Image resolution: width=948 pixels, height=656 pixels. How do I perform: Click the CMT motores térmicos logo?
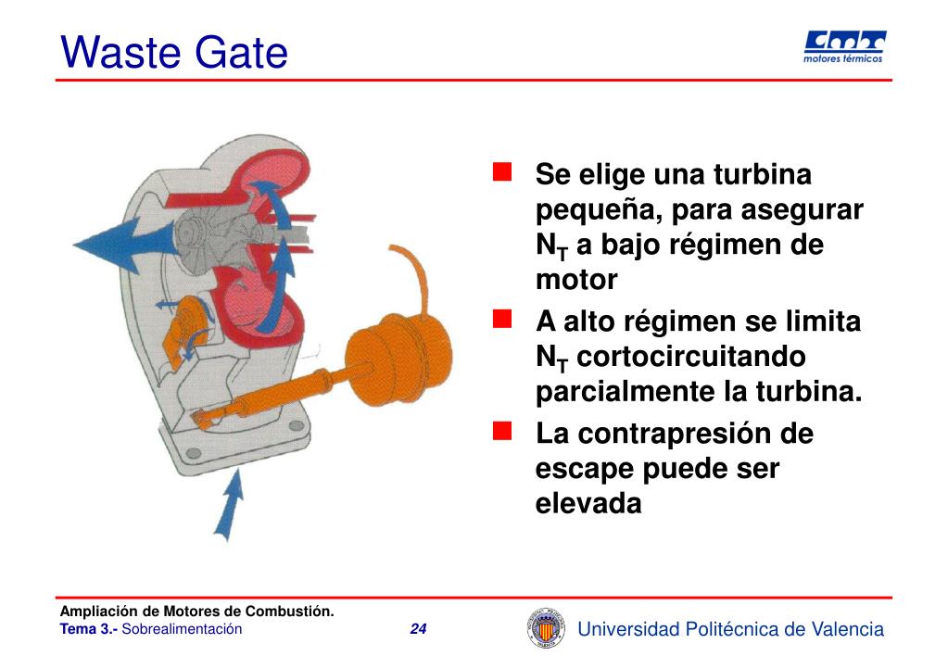click(842, 46)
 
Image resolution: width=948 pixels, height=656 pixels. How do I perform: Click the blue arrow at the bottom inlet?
click(229, 500)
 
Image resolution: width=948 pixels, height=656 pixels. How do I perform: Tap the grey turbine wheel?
click(209, 228)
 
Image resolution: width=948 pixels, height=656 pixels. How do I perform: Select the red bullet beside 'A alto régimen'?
click(502, 320)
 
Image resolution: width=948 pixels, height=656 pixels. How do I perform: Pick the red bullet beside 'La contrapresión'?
click(502, 431)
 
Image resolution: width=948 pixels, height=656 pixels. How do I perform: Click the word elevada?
click(588, 504)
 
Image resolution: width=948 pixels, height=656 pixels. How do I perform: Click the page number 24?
click(418, 630)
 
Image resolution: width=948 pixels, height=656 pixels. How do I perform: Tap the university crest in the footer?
click(544, 627)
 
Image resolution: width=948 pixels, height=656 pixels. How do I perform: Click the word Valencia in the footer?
click(847, 630)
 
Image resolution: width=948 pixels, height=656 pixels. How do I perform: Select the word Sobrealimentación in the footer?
click(182, 630)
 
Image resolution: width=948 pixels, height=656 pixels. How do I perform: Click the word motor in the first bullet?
click(575, 280)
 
